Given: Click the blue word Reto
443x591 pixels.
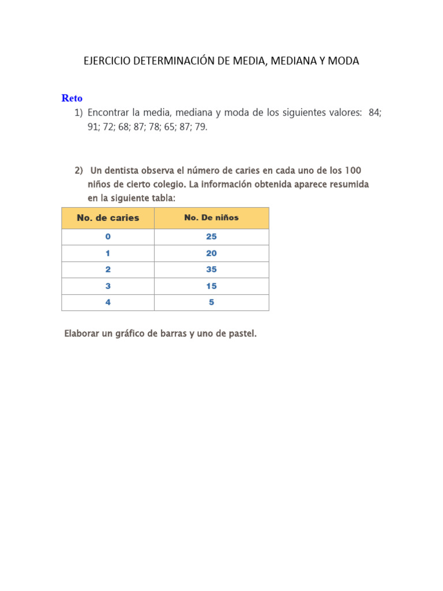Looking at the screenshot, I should click(72, 99).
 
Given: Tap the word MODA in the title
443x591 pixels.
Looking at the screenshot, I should click(343, 61).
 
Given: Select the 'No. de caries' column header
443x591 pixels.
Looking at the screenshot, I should click(108, 218).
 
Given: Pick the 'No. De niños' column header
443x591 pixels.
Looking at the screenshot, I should click(211, 218).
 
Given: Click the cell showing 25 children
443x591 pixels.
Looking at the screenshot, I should click(211, 237).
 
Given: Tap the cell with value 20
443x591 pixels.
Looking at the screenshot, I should click(211, 253).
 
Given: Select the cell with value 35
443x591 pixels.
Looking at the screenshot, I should click(211, 270).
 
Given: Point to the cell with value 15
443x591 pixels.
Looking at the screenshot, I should click(211, 286).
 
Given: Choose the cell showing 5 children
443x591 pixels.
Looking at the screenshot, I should click(211, 302).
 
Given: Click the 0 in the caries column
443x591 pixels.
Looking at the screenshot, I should click(108, 237).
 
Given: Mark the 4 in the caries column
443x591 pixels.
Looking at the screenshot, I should click(108, 302).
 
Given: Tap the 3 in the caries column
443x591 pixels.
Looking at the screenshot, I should click(108, 286).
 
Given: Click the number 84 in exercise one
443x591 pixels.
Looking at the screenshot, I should click(374, 113).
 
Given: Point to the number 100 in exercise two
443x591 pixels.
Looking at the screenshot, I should click(353, 171).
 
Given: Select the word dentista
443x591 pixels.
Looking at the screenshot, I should click(126, 171).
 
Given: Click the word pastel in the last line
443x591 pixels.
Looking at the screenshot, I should click(242, 334).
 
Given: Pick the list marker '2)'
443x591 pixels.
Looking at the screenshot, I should click(79, 171).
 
